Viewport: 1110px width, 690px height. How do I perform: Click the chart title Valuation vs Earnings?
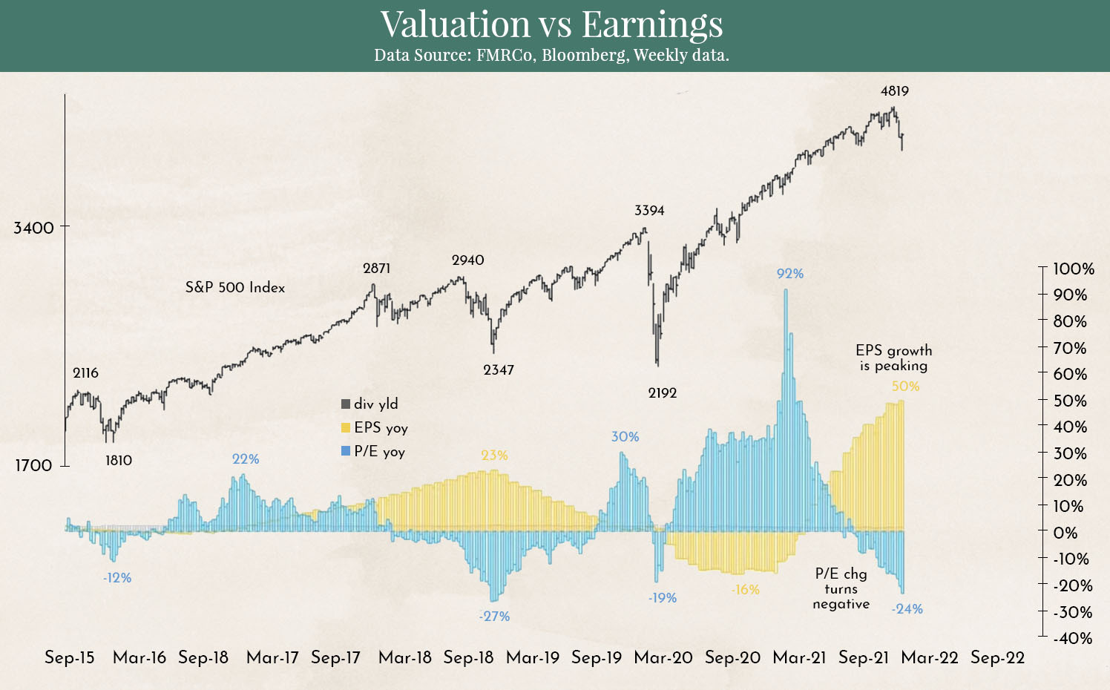click(x=551, y=24)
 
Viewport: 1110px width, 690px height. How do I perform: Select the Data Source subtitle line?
click(x=551, y=56)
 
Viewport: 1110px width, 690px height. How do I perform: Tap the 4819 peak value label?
click(x=894, y=91)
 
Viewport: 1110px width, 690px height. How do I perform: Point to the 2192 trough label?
click(x=662, y=393)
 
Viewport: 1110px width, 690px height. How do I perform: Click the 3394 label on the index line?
click(x=649, y=211)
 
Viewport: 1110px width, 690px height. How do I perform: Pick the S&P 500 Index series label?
click(x=235, y=288)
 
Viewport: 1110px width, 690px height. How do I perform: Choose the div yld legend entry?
click(x=370, y=404)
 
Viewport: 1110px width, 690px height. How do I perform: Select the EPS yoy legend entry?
click(x=375, y=428)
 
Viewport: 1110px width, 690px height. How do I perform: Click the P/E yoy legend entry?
click(x=373, y=452)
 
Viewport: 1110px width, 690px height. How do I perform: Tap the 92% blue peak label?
click(x=790, y=274)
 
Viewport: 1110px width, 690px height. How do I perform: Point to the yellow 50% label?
click(x=905, y=387)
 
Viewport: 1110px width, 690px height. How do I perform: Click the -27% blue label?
click(x=495, y=617)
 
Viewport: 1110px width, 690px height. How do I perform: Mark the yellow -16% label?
click(x=745, y=590)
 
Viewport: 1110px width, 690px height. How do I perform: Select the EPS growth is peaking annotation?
click(x=893, y=358)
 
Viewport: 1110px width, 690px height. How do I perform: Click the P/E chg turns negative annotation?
click(x=841, y=589)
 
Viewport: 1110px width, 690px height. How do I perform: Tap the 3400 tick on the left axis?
click(x=34, y=228)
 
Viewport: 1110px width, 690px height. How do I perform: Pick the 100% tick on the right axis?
click(x=1074, y=269)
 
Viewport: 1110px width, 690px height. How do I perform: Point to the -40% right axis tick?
click(x=1072, y=638)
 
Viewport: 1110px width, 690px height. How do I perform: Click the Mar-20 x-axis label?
click(x=663, y=658)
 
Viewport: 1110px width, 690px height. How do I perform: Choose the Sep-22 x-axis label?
click(x=997, y=658)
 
